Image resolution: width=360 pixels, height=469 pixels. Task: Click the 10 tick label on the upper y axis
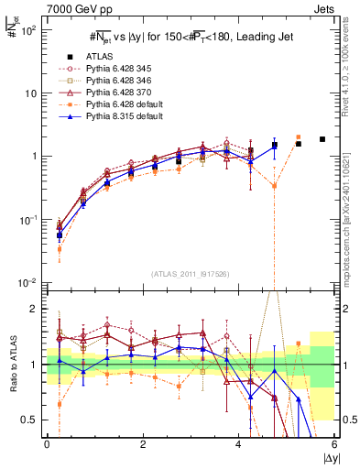[27, 93]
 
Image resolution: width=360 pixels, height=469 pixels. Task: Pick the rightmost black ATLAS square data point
[322, 139]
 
